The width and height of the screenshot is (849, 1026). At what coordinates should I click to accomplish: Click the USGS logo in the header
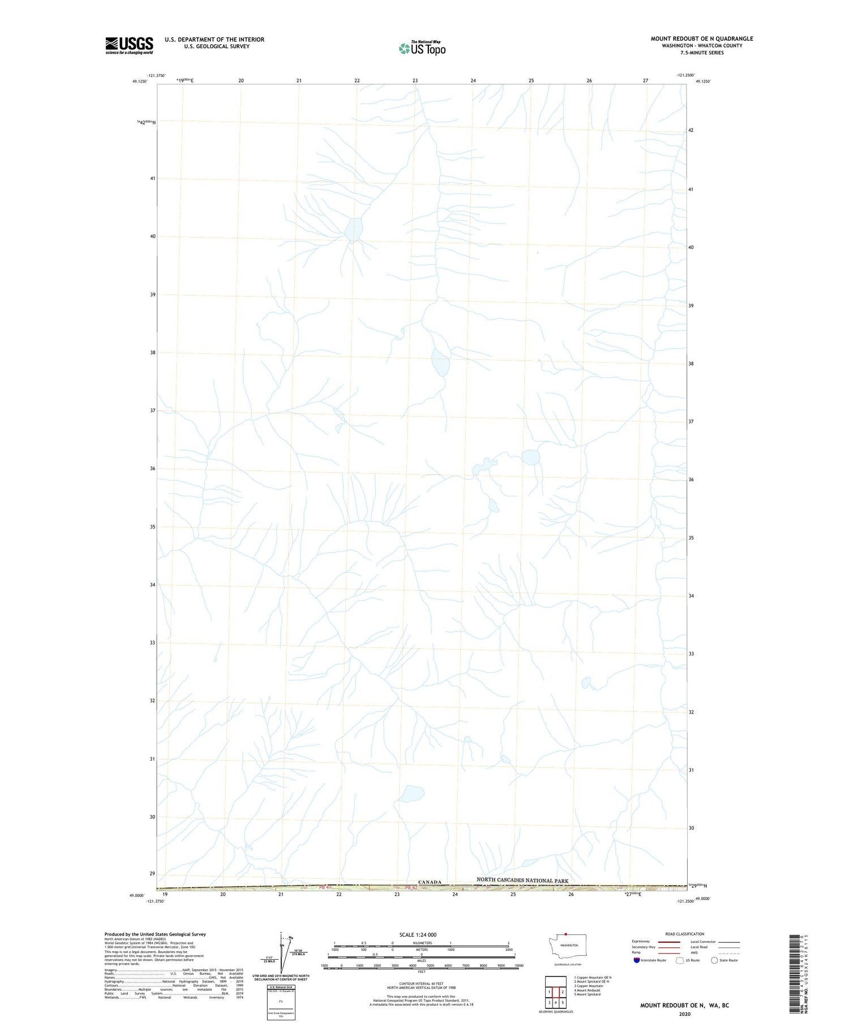(129, 45)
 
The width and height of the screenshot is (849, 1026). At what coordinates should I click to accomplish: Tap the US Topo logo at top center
(422, 48)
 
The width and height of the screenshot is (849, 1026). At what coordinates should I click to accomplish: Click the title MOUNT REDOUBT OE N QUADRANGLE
(701, 38)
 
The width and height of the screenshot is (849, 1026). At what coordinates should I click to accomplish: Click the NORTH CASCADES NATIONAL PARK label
(522, 881)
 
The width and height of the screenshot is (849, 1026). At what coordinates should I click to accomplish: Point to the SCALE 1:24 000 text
(418, 934)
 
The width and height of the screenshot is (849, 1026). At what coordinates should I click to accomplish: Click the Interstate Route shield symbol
(637, 960)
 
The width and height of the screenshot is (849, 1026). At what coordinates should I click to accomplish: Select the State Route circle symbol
(714, 960)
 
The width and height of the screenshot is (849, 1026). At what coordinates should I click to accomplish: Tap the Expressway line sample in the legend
(669, 942)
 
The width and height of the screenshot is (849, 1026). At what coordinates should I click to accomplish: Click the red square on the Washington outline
(565, 934)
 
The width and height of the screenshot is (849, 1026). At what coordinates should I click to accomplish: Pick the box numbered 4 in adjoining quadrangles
(556, 1002)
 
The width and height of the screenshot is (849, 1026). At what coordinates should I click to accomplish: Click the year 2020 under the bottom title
(684, 1014)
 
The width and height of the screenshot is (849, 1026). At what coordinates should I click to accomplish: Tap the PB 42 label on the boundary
(411, 887)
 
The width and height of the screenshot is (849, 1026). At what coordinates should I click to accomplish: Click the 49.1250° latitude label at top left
(140, 81)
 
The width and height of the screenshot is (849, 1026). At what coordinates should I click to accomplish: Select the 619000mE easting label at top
(185, 80)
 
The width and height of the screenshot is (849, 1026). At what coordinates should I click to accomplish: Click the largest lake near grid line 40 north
(354, 229)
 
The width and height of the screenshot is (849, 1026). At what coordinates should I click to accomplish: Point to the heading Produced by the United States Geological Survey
(155, 934)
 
